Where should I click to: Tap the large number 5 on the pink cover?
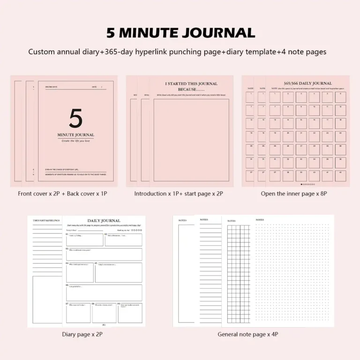[x=75, y=119]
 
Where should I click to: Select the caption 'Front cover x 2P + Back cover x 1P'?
[x=62, y=194]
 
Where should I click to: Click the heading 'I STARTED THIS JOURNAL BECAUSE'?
[x=191, y=86]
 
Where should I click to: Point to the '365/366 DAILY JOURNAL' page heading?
[x=307, y=83]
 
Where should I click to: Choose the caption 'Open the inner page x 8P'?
[x=294, y=194]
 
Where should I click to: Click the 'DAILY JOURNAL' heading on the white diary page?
[x=104, y=220]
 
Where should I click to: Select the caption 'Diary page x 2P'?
[x=82, y=334]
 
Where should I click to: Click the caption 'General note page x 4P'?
[x=248, y=334]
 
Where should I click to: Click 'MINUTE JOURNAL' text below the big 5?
[x=75, y=135]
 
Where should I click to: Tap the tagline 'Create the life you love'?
[x=75, y=141]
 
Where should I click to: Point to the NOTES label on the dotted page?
[x=260, y=219]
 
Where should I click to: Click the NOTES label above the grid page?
[x=232, y=221]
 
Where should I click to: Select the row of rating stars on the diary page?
[x=136, y=230]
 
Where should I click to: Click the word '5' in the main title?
[x=111, y=33]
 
